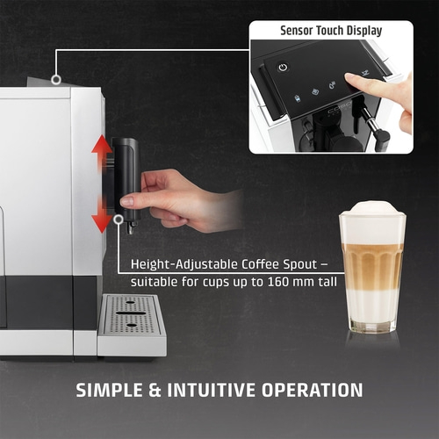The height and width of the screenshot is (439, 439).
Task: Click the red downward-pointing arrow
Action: click(x=103, y=216)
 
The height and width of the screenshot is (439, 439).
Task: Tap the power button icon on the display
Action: click(x=283, y=67)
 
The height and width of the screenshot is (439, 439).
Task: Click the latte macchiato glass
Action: click(x=372, y=272)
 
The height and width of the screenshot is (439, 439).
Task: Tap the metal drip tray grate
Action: click(x=132, y=315)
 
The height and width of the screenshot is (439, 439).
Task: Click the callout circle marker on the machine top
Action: click(x=56, y=80)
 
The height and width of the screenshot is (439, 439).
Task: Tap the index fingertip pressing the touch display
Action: click(x=350, y=82)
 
